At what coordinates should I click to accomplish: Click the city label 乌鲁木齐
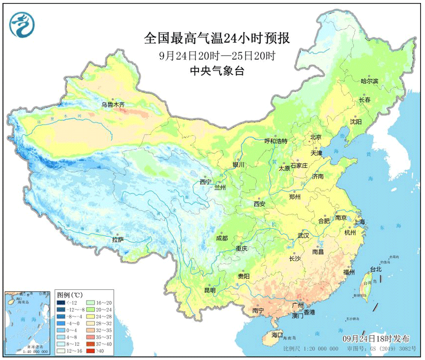coord(113,104)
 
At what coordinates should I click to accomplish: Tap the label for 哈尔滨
coord(370,81)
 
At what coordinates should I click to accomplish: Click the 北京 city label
coord(315,137)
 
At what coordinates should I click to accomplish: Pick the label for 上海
coord(359,222)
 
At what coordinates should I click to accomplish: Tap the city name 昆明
coord(209,290)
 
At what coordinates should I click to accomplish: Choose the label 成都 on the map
coord(223,238)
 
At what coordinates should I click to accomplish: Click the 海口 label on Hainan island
coord(277,334)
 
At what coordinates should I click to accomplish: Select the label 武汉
coord(303,235)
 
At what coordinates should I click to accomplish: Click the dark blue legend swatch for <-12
coord(61,303)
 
